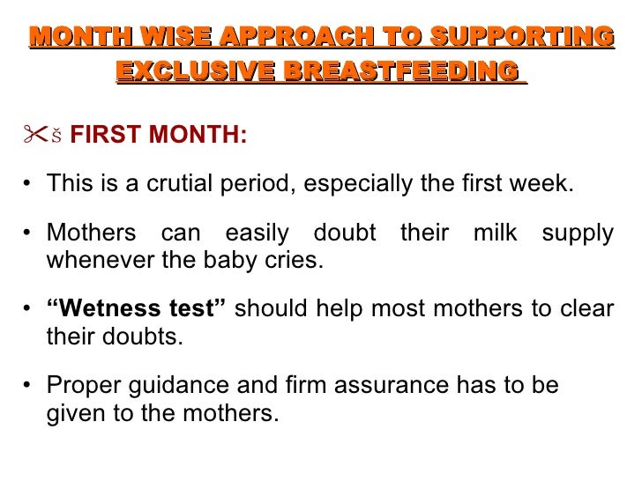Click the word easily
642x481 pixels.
(x=257, y=234)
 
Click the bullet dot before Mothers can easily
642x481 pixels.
(x=28, y=234)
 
